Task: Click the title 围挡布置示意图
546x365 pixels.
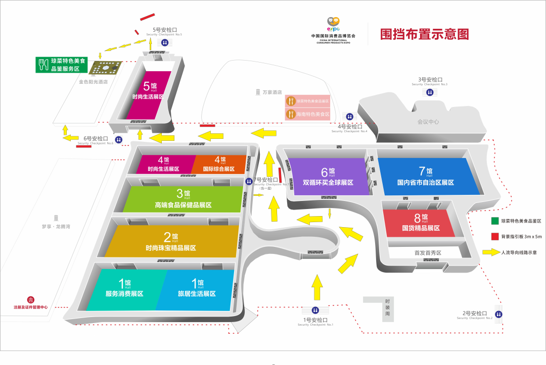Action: pos(425,34)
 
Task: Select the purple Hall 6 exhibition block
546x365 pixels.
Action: pos(328,177)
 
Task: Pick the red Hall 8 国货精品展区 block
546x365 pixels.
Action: pos(419,223)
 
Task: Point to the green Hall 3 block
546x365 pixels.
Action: pos(183,199)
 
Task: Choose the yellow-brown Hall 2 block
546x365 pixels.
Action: pos(172,241)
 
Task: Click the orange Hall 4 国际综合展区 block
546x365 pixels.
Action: pos(218,164)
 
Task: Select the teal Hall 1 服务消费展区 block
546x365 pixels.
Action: pos(124,290)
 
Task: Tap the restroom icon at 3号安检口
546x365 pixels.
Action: pos(429,92)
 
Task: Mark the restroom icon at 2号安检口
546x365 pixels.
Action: pos(499,314)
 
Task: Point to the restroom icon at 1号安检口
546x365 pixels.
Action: pos(315,310)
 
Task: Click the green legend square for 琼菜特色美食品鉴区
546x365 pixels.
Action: pos(494,221)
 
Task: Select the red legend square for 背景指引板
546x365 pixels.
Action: pos(494,236)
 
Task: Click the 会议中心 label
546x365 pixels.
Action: pos(428,122)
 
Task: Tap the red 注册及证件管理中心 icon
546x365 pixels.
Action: pos(30,300)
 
